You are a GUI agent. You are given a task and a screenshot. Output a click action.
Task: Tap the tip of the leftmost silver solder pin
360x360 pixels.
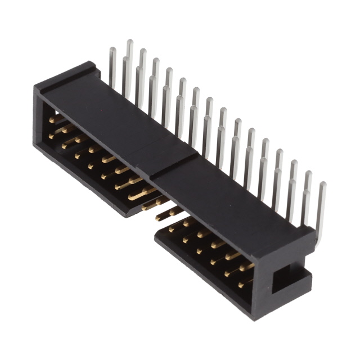point(112,51)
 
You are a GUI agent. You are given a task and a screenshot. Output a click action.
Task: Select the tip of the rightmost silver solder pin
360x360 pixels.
point(322,185)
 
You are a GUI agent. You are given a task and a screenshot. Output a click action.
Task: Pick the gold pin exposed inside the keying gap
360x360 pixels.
point(166,214)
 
